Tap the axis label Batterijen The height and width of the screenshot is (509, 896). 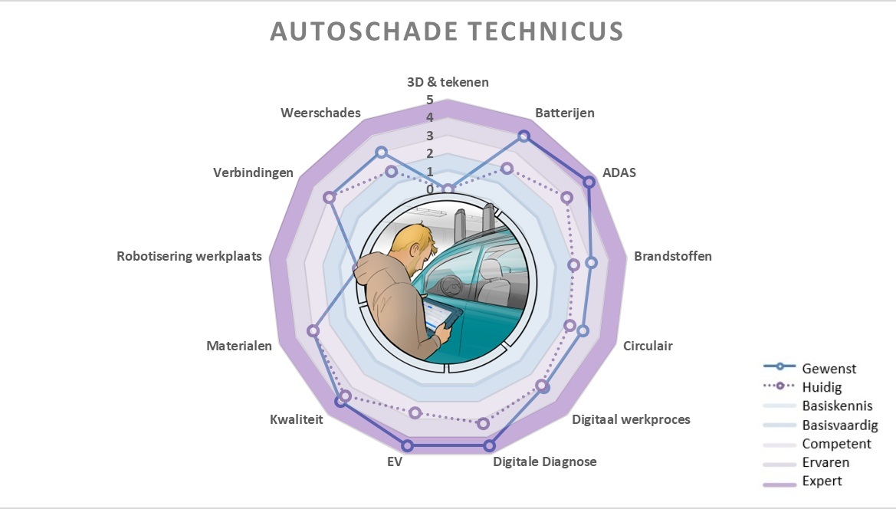565,113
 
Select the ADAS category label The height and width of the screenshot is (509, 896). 619,172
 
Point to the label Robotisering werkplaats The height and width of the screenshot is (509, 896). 189,256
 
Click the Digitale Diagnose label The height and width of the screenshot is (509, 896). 545,461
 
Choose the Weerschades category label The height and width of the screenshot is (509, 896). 320,113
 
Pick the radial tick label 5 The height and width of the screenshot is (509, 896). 430,100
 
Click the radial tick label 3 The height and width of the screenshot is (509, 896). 430,136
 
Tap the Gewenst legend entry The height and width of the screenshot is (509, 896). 829,369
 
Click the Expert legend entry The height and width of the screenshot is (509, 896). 822,481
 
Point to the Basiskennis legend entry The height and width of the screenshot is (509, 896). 837,406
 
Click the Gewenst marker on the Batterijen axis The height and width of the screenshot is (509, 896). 523,136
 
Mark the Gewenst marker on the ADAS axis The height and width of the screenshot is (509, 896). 589,182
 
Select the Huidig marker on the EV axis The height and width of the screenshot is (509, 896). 415,413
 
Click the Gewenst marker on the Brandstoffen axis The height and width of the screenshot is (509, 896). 591,263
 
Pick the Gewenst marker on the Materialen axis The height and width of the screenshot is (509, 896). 313,330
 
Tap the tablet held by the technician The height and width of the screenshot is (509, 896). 439,316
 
